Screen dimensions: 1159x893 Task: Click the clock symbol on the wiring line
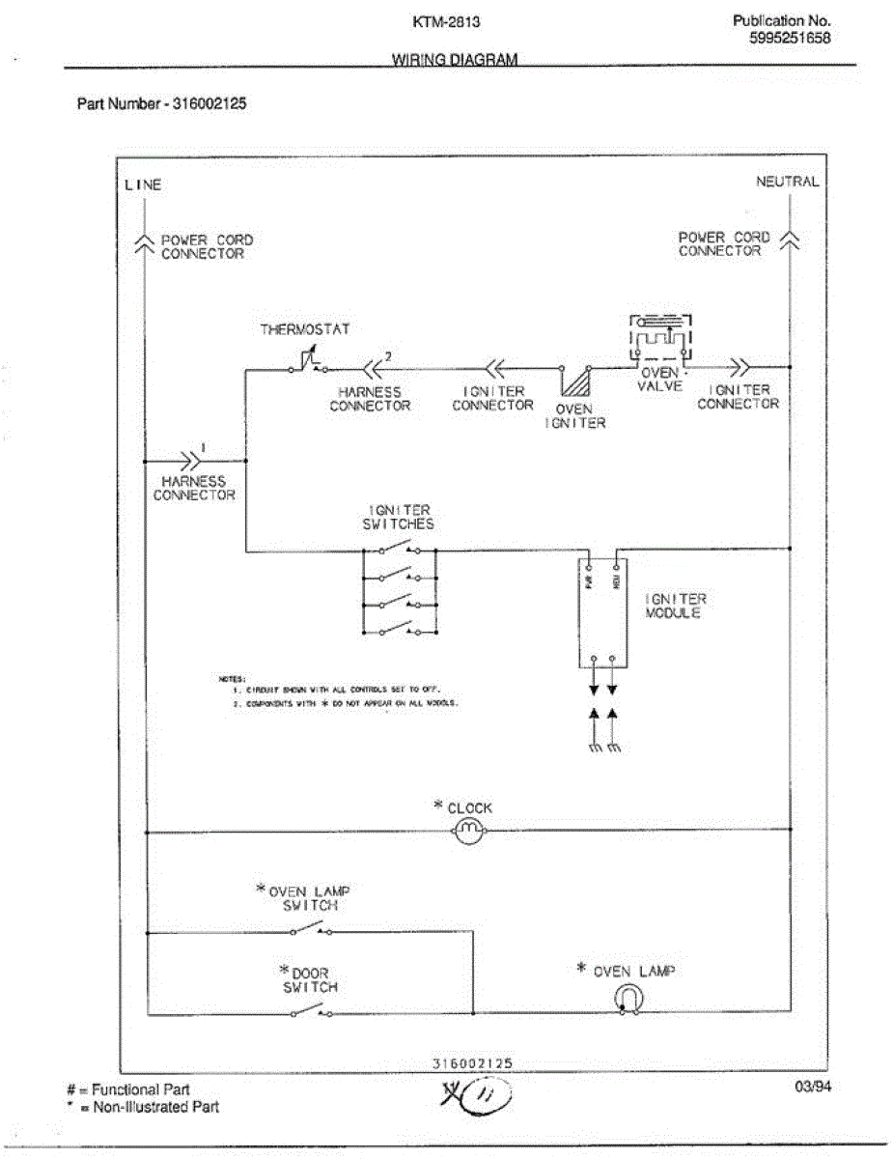(x=469, y=830)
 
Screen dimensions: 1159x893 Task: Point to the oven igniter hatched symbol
(x=576, y=379)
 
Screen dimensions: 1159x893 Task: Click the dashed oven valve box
(x=661, y=339)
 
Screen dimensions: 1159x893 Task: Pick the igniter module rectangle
(x=603, y=612)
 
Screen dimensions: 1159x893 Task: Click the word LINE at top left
(x=143, y=184)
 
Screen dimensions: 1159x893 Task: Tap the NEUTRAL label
(x=787, y=182)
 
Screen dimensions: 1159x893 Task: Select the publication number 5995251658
(x=790, y=39)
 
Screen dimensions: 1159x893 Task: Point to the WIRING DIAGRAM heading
(x=455, y=59)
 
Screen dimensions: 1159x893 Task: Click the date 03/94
(x=811, y=1088)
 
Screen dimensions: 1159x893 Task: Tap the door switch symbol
(x=310, y=1011)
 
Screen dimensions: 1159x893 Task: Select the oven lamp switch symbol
(x=310, y=930)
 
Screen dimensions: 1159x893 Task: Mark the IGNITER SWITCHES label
(x=400, y=517)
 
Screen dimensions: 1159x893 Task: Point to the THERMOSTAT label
(x=305, y=329)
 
